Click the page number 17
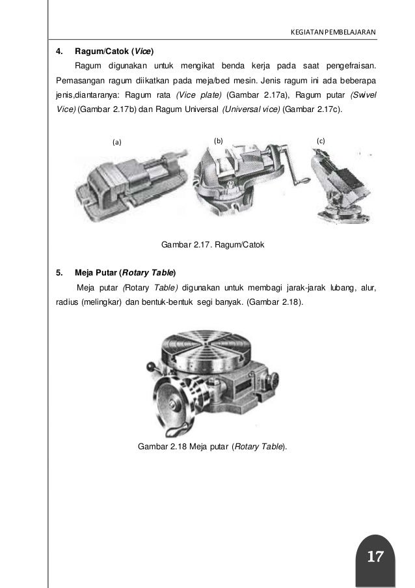click(x=375, y=556)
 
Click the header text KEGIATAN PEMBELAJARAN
click(x=333, y=33)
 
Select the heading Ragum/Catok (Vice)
click(x=114, y=51)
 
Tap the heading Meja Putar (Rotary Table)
click(x=126, y=273)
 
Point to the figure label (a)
click(x=117, y=142)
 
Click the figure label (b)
click(x=219, y=141)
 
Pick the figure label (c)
click(x=321, y=141)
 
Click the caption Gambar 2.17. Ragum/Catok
click(x=213, y=244)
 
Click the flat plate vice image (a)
click(x=131, y=184)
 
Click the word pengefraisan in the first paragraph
click(x=351, y=66)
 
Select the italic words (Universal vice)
click(x=251, y=109)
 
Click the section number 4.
click(x=59, y=51)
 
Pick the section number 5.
click(x=59, y=273)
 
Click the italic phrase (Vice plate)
click(x=199, y=95)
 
